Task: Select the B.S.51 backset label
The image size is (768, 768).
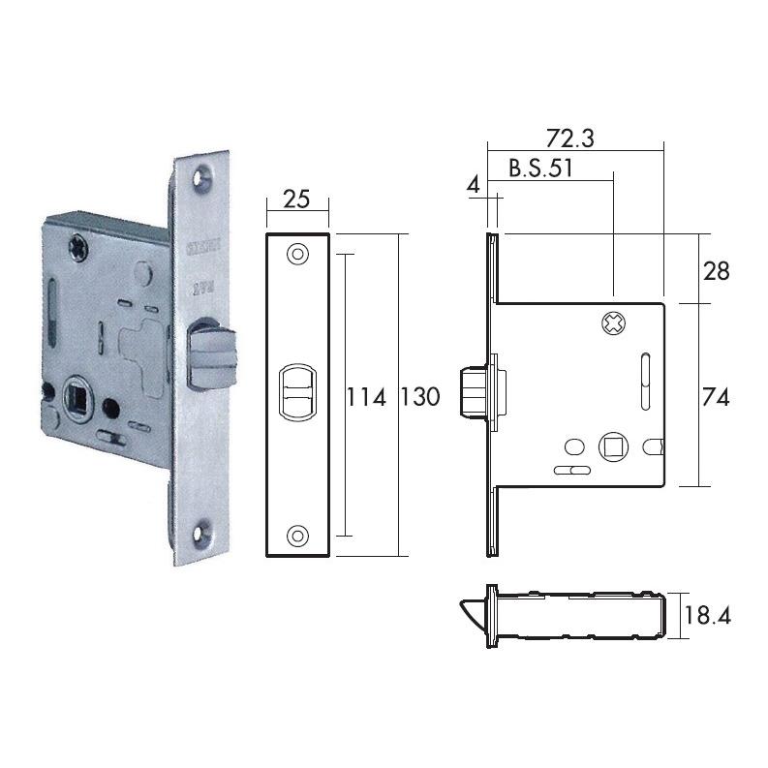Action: [x=541, y=168]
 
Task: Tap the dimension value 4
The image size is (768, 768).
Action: [x=474, y=183]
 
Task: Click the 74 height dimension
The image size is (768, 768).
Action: [x=717, y=396]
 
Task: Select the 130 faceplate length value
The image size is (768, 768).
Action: [x=419, y=396]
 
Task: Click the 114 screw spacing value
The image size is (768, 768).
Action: [x=367, y=396]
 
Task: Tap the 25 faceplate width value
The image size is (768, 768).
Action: [x=296, y=200]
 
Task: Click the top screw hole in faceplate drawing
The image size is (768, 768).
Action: [x=297, y=254]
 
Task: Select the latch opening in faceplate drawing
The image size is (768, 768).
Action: [x=297, y=392]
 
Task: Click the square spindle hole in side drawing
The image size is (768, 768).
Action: [x=612, y=445]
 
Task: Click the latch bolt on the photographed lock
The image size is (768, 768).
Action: [x=208, y=353]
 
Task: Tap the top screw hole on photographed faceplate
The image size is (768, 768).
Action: [x=202, y=177]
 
